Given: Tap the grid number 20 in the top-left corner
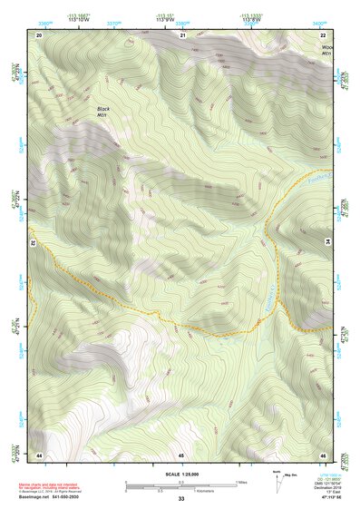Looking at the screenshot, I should (39, 34).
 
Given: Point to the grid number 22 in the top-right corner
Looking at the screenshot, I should (324, 34).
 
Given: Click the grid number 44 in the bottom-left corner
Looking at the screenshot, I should (39, 454).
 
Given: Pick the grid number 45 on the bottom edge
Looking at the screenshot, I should (181, 454).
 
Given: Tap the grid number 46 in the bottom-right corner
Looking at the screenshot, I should (323, 454).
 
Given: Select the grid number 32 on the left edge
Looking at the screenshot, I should (32, 244).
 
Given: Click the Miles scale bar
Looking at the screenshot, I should (180, 484).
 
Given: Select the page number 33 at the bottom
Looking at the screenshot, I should (180, 500).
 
